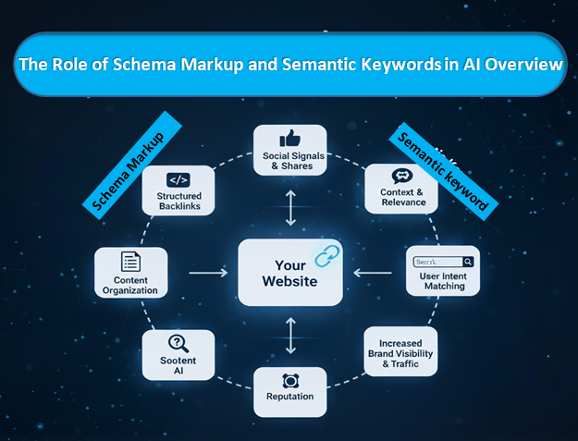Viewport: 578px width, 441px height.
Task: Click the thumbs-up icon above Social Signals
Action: click(289, 138)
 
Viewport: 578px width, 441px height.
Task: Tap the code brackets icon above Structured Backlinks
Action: click(178, 180)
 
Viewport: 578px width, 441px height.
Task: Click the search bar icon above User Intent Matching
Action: click(443, 262)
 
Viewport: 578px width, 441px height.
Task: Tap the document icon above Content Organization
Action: click(130, 262)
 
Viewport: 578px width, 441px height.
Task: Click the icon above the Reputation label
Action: click(290, 380)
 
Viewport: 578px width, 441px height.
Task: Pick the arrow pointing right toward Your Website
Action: click(209, 273)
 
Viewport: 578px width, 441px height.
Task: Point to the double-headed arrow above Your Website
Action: click(290, 210)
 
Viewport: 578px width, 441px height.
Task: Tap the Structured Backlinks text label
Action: click(178, 202)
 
